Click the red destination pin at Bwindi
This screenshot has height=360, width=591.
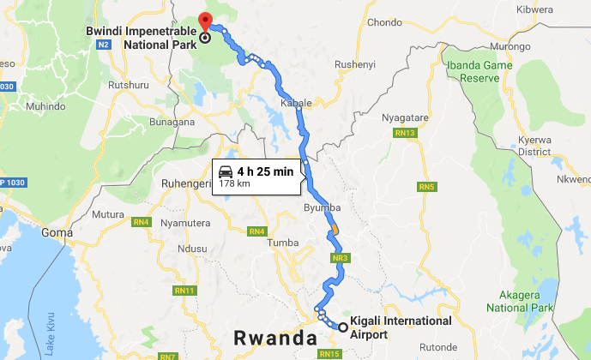click(204, 21)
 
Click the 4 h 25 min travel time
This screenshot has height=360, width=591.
click(265, 171)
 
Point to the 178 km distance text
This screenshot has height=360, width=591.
click(234, 183)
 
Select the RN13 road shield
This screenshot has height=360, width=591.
click(405, 133)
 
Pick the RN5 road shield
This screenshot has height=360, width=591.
click(426, 187)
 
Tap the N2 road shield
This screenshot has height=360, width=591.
click(104, 43)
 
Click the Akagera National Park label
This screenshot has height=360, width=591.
click(518, 300)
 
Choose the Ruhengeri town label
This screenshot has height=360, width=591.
click(186, 183)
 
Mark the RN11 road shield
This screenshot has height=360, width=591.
click(184, 291)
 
